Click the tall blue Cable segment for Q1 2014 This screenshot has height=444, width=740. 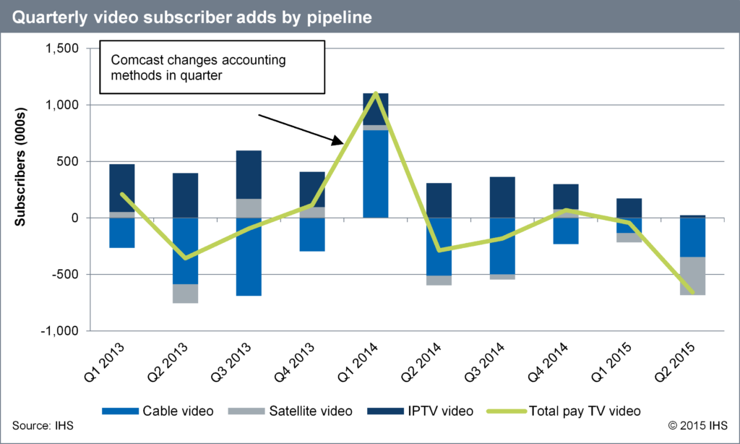coord(375,174)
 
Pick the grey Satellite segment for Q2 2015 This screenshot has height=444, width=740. coord(692,276)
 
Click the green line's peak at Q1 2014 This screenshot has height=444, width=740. coord(375,93)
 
